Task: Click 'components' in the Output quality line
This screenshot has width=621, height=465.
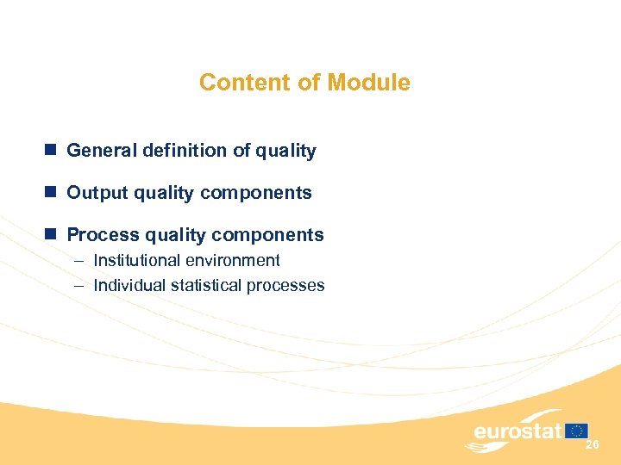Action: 262,193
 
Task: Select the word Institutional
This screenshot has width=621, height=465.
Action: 136,260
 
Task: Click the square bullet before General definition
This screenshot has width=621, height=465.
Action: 51,151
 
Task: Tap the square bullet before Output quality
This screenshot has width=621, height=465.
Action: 51,193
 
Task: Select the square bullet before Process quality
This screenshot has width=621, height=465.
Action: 51,235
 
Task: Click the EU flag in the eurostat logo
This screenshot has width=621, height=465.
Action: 577,431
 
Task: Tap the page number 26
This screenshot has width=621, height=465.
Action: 592,444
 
